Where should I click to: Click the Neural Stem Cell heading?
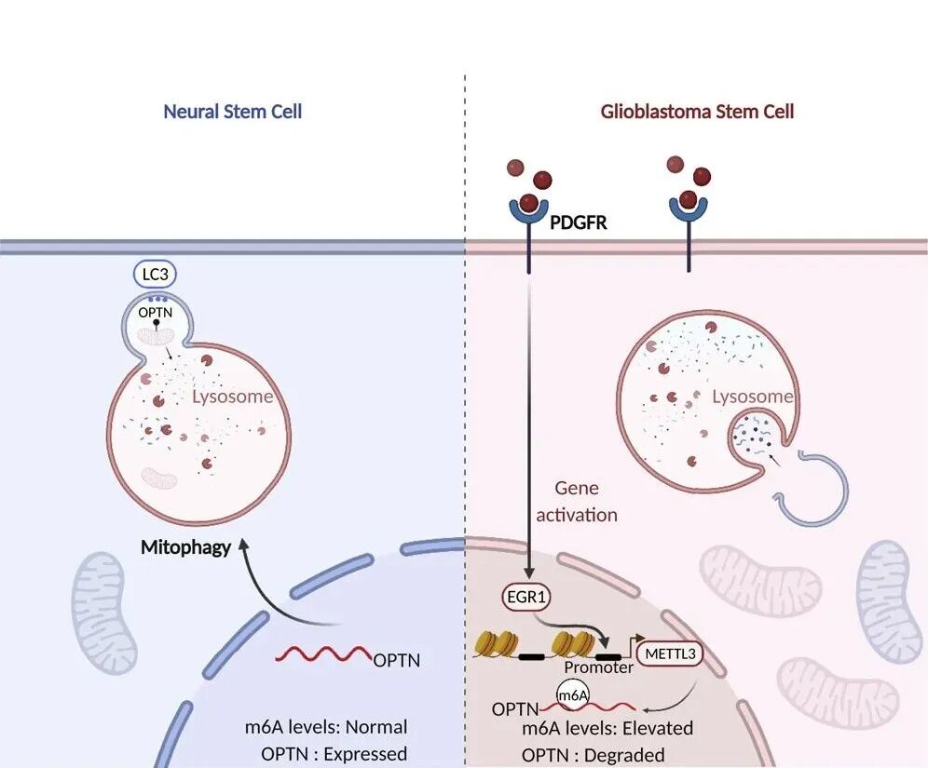[232, 112]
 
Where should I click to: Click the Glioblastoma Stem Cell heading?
[697, 112]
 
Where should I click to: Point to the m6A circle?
[573, 694]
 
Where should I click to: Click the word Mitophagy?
[185, 547]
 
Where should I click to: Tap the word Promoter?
[598, 667]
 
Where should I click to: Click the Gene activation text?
[578, 501]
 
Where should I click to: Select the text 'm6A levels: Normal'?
[321, 727]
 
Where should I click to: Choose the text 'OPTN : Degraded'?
[594, 755]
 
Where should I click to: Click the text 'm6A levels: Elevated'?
[607, 728]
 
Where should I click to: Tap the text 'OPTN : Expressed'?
[334, 754]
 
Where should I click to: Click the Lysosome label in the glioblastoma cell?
[753, 397]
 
